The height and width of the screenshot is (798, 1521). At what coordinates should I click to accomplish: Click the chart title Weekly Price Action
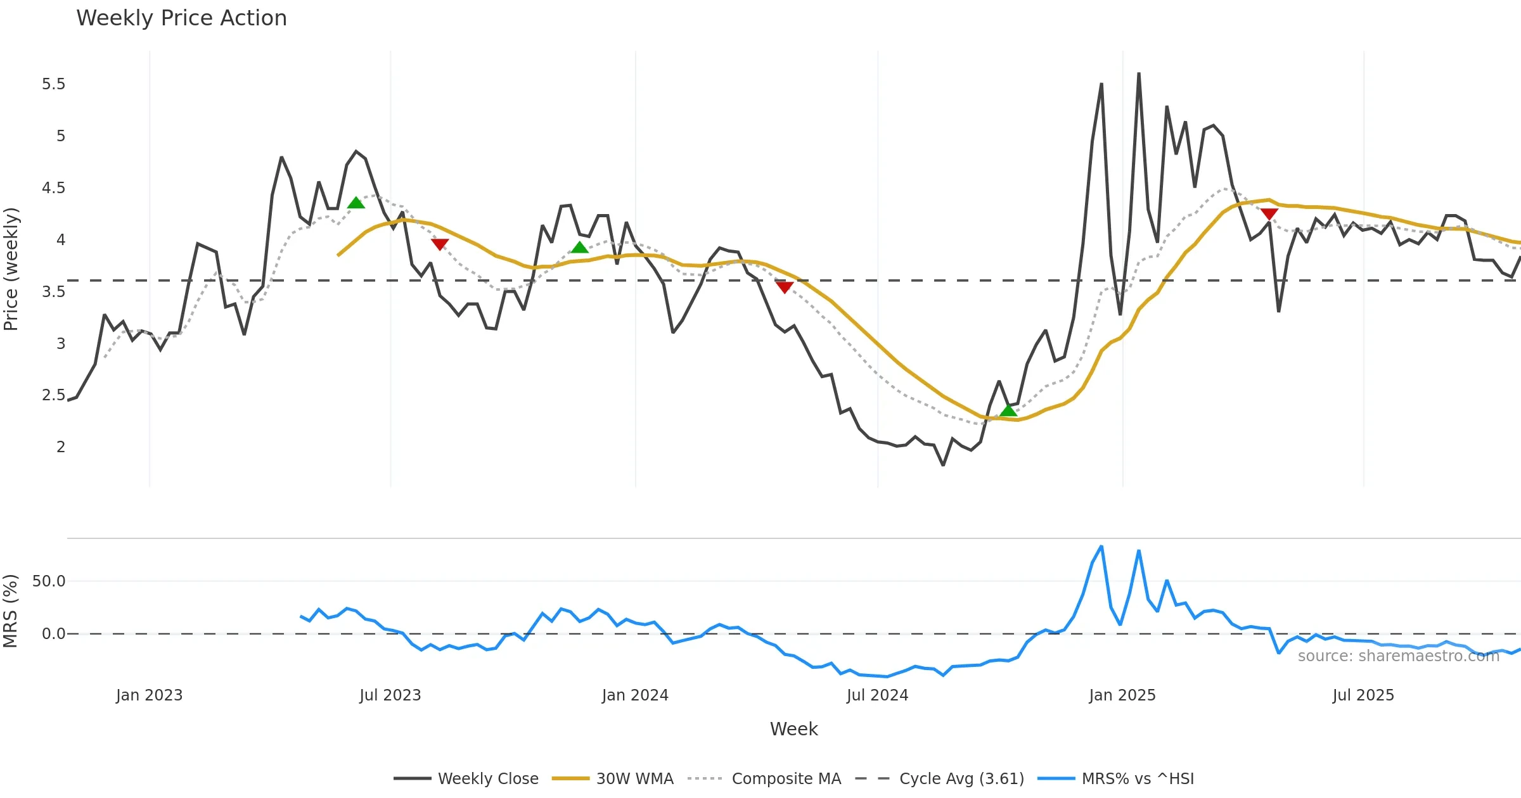181,18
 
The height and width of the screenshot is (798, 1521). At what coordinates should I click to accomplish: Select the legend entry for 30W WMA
634,778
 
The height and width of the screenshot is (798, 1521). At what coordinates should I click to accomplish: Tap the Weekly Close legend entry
487,778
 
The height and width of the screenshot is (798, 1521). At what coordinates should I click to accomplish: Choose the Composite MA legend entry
786,778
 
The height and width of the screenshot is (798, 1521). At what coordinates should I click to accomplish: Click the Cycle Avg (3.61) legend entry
961,778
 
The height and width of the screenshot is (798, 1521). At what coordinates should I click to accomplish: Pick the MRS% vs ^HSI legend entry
1138,778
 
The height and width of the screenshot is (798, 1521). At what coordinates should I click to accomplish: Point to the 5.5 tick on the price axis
54,84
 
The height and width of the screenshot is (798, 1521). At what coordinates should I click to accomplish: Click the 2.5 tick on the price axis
54,395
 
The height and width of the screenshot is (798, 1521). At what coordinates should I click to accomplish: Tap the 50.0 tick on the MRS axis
49,581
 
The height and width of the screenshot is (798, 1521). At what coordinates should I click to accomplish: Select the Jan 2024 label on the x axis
635,695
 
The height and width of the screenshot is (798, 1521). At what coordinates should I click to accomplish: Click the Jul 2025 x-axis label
1363,695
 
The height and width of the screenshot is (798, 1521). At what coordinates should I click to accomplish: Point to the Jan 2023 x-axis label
149,695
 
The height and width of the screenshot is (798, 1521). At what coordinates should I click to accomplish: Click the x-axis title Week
793,729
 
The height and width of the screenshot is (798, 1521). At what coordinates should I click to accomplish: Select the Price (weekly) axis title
11,269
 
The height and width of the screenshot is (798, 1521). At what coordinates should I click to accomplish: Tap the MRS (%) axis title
11,611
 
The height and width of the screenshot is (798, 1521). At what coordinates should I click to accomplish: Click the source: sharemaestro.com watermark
1398,656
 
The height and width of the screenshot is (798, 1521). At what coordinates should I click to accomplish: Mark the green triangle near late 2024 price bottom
1008,411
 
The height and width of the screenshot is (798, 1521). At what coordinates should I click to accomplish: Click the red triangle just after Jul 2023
440,244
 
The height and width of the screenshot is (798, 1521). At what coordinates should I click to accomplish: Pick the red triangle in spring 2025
1269,214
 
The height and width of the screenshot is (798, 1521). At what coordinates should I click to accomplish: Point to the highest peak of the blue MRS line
1101,547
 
